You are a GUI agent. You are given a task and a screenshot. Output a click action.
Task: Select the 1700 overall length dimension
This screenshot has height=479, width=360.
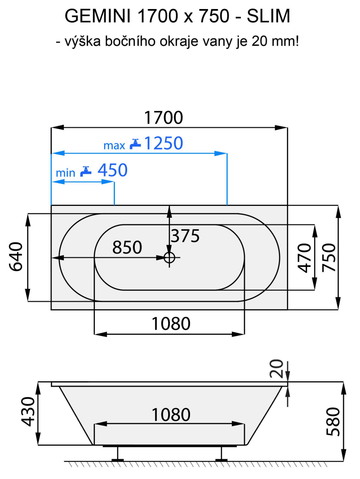(163, 117)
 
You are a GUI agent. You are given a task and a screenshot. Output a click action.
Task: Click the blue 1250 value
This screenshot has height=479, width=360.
(163, 143)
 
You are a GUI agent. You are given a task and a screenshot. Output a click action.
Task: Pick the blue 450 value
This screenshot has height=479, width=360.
(112, 170)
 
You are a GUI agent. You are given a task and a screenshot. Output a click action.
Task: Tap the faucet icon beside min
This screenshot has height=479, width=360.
(86, 171)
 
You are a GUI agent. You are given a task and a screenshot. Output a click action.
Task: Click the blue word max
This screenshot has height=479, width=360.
(114, 145)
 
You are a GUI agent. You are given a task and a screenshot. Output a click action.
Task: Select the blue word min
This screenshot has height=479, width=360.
(65, 173)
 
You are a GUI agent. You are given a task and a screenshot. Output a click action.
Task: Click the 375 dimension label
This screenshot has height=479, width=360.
(185, 235)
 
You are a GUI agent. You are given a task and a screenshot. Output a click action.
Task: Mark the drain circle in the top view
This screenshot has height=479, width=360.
(170, 258)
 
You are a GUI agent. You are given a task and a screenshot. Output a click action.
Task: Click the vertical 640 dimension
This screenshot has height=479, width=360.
(16, 257)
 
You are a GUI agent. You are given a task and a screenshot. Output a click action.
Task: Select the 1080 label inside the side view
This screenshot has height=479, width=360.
(170, 414)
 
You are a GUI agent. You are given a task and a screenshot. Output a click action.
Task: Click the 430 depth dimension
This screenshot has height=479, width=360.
(29, 413)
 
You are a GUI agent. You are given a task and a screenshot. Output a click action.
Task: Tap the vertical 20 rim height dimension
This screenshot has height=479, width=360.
(279, 368)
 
